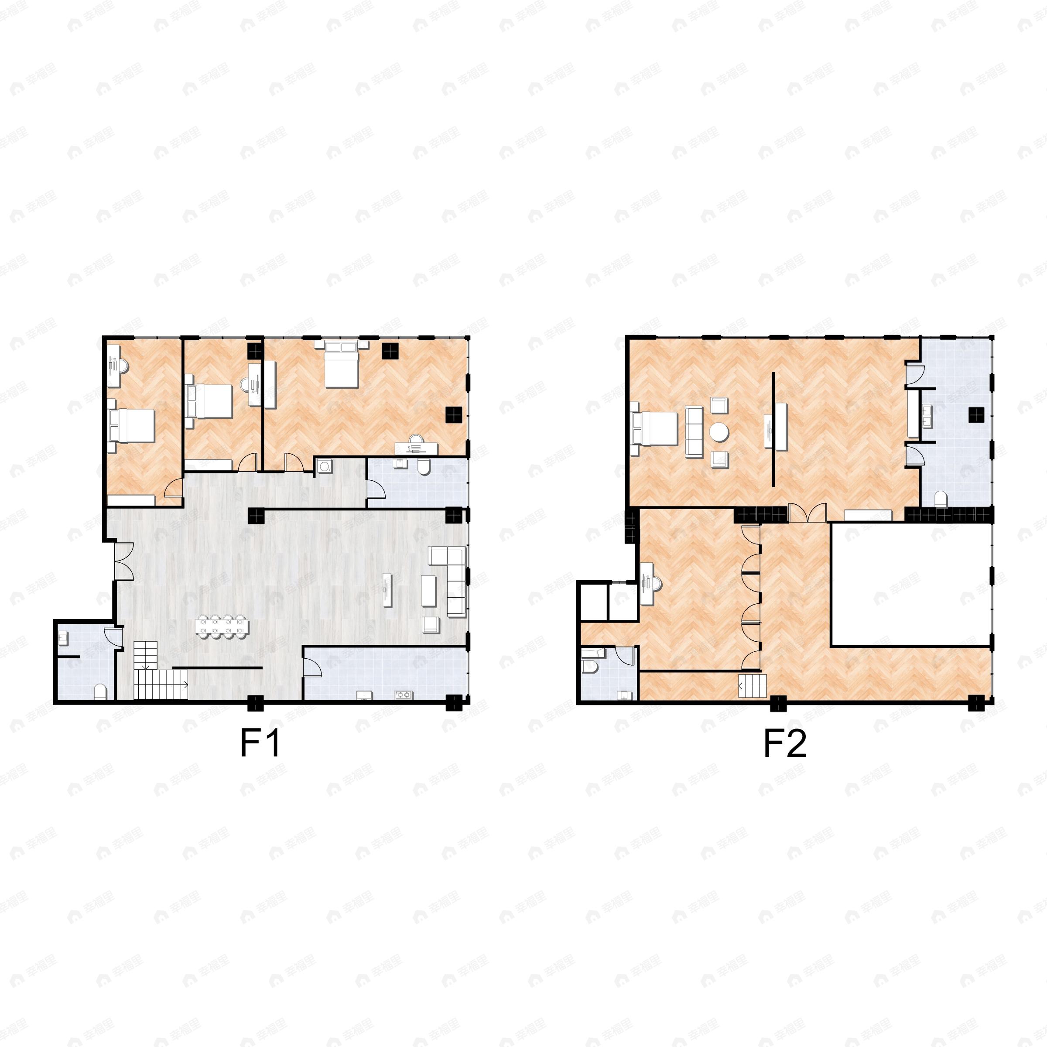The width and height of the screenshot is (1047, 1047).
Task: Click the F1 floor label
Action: click(260, 743)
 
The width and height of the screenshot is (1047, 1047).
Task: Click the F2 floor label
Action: click(785, 743)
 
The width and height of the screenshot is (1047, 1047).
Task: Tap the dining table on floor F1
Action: click(222, 626)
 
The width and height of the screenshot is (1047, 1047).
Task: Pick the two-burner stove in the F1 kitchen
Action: click(404, 694)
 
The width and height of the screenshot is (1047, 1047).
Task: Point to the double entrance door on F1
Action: click(123, 561)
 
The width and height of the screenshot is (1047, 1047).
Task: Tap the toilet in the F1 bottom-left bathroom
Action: click(101, 692)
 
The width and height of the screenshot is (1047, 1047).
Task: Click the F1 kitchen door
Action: click(312, 662)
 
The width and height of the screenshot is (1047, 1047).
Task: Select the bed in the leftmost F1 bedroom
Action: click(133, 425)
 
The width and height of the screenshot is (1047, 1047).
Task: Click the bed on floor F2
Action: click(655, 428)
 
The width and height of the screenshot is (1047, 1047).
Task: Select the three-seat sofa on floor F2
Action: click(694, 432)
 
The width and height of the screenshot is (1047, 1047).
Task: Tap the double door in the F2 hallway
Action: click(807, 513)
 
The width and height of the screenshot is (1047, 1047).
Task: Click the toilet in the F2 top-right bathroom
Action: click(941, 499)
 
